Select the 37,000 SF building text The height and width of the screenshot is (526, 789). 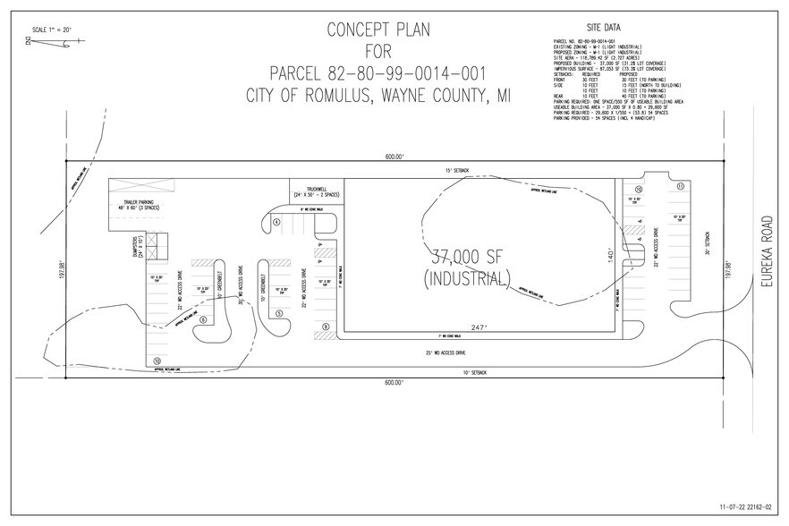pyautogui.click(x=471, y=254)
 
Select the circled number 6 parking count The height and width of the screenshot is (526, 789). pyautogui.click(x=203, y=319)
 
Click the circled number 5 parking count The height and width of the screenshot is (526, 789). pyautogui.click(x=279, y=313)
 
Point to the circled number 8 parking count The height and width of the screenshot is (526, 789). pyautogui.click(x=327, y=327)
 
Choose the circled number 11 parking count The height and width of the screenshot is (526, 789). pyautogui.click(x=681, y=186)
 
